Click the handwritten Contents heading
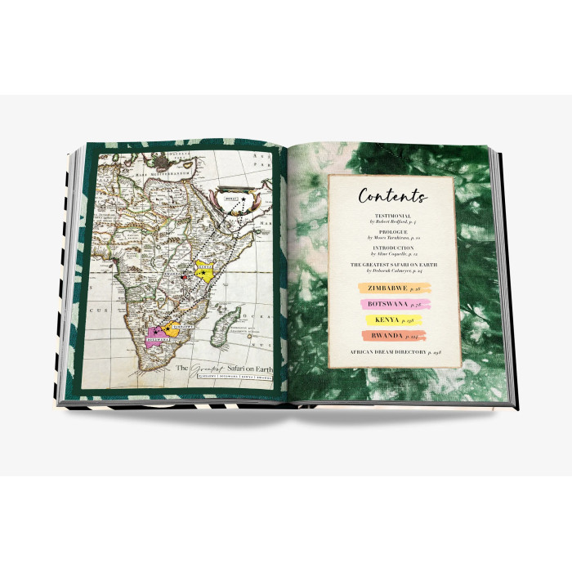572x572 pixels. [x=393, y=196]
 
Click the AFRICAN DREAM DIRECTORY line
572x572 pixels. [x=393, y=351]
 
